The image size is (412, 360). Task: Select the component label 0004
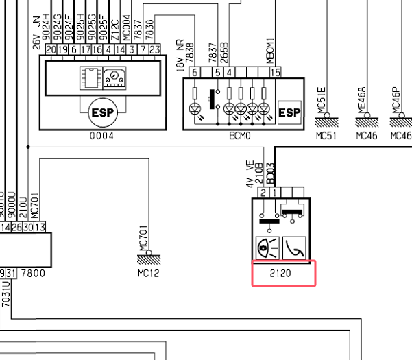[x=101, y=136]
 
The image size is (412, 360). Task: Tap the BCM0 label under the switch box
[x=241, y=136]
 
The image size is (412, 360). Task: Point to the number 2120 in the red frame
[x=281, y=273]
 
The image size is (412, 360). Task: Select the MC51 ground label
[x=326, y=136]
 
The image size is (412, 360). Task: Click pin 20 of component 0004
[x=50, y=49]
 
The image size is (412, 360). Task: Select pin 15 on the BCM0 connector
[x=276, y=73]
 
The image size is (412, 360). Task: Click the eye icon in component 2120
[x=265, y=245]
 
